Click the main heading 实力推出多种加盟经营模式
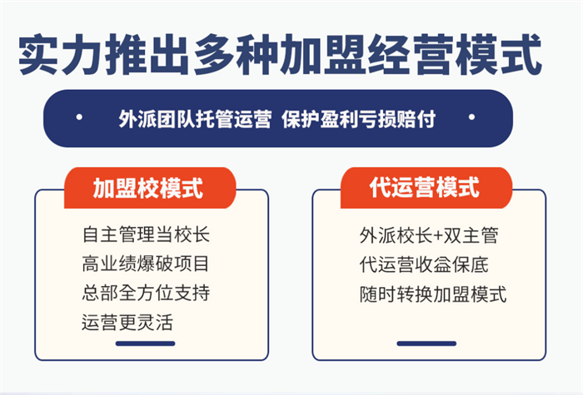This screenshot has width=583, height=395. (280, 54)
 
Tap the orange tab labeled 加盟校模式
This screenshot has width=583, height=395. (150, 187)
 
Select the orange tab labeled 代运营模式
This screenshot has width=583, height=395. (426, 187)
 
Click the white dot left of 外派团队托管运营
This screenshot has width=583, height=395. (79, 117)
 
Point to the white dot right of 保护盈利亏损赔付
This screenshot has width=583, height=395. (472, 117)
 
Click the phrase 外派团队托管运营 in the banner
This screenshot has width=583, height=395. (195, 119)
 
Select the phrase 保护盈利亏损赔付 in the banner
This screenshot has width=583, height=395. (358, 119)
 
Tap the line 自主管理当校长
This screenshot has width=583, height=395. (146, 235)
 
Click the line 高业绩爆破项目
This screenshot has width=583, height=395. (146, 264)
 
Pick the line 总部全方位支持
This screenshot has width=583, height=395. (146, 293)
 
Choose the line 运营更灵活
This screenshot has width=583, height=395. (127, 323)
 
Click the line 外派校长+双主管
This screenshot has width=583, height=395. (429, 235)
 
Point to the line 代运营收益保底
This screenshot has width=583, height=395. (424, 264)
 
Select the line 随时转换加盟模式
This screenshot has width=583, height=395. (433, 294)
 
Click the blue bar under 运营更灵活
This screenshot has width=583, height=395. (146, 343)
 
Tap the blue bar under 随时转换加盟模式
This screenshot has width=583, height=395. (426, 343)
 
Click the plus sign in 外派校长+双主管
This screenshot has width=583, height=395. (438, 236)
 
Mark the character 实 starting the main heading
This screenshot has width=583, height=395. (39, 55)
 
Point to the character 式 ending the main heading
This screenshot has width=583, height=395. (521, 54)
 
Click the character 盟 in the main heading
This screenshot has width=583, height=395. (346, 55)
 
